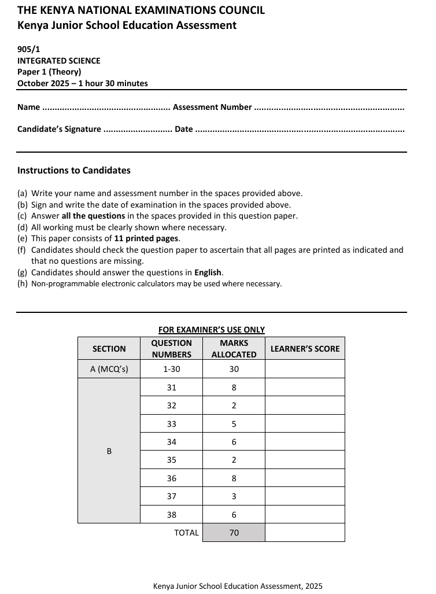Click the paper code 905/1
pos(28,50)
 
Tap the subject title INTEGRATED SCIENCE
pos(58,61)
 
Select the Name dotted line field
pos(106,108)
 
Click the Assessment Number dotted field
pos(329,108)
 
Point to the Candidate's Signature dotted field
pos(137,130)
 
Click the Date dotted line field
pos(300,130)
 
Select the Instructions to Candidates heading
pos(74,171)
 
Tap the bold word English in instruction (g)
pos(208,272)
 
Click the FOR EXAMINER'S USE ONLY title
pos(212,330)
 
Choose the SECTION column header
pos(109,349)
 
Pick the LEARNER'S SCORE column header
pos(305,349)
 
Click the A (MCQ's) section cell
pos(109,369)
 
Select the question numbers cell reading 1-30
pos(171,369)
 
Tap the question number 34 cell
pos(171,442)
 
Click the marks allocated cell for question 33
pos(234,424)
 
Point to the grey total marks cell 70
pos(234,533)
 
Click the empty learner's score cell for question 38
pos(305,515)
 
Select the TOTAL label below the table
pos(186,533)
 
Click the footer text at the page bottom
pos(238,586)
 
